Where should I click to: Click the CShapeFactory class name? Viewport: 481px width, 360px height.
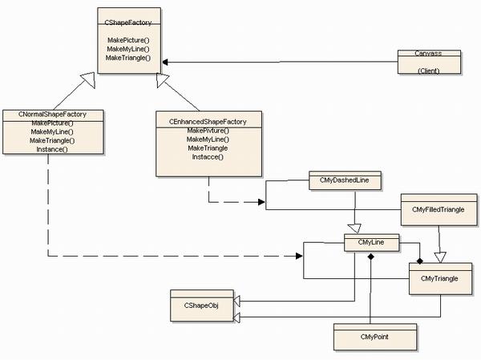click(128, 22)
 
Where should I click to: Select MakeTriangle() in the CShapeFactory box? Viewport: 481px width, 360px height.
click(128, 58)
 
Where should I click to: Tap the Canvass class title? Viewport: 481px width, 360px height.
click(428, 54)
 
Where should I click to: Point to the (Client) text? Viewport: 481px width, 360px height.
click(429, 71)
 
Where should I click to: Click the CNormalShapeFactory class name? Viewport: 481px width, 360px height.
click(52, 114)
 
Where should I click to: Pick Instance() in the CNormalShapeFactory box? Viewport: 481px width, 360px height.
click(52, 149)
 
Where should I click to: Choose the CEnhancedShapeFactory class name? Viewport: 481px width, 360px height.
click(208, 122)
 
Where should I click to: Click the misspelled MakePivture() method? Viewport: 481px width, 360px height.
click(208, 131)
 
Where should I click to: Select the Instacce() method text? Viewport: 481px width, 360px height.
click(208, 157)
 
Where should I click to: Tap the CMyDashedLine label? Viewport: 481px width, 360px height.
click(344, 180)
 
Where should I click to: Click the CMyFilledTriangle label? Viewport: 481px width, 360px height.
click(439, 209)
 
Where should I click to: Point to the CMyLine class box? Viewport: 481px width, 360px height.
click(371, 243)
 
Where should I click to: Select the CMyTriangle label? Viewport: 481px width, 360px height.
click(439, 279)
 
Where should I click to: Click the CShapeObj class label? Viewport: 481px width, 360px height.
click(201, 305)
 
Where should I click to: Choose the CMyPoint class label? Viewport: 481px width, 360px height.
click(374, 337)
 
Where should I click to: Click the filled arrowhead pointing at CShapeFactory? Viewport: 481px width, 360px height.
click(164, 63)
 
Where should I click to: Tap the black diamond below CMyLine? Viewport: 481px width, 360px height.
click(371, 257)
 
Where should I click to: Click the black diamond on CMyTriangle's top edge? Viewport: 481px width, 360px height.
click(419, 261)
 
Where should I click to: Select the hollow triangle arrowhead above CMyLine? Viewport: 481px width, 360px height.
click(354, 229)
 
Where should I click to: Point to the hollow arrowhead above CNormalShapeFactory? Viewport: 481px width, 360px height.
click(88, 79)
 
